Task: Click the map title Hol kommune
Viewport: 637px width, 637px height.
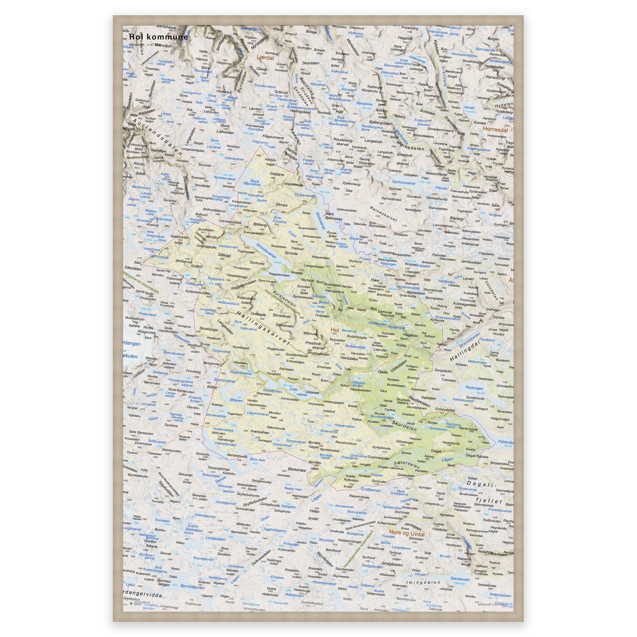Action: point(158,37)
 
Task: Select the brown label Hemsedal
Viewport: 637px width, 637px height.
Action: point(495,130)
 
